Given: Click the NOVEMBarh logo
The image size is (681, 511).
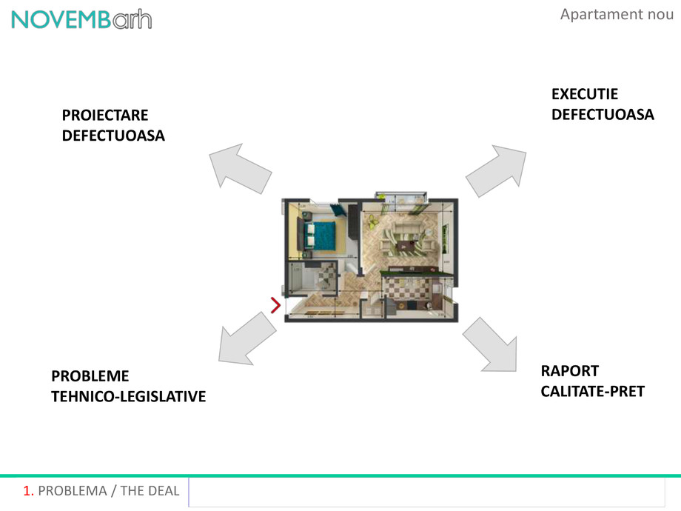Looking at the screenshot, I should click(81, 19).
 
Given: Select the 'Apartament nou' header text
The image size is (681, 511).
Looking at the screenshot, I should click(617, 14).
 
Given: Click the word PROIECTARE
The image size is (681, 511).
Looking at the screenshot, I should click(105, 115).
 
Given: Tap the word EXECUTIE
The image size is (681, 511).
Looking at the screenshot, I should click(585, 94).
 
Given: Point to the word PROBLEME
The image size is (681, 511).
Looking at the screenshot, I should click(90, 376).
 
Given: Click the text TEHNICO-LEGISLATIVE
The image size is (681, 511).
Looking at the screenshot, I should click(128, 397).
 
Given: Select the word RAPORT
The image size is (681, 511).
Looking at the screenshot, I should click(569, 371).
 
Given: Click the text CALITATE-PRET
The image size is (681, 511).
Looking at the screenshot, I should click(592, 391).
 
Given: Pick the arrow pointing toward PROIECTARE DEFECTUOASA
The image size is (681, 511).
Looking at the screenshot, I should click(238, 167).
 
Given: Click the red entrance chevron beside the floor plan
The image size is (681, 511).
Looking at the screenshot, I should click(275, 304).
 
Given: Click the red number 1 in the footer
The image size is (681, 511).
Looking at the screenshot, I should click(28, 491).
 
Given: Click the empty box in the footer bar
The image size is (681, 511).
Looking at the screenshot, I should click(426, 492).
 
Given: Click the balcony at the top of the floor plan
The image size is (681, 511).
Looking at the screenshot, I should click(400, 198).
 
